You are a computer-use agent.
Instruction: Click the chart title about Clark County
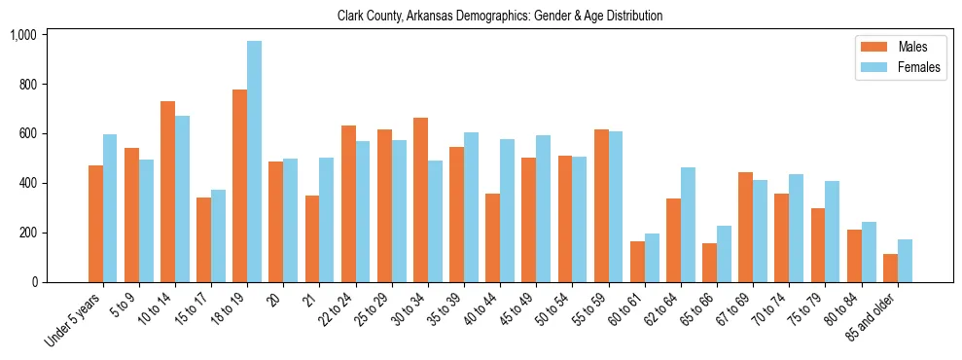click(500, 16)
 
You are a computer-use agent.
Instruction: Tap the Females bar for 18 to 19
click(254, 162)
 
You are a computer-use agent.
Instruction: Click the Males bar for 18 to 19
click(239, 186)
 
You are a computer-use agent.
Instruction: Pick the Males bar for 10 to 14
click(167, 192)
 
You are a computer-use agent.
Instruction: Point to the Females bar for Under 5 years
click(110, 208)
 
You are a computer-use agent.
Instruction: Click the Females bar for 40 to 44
click(507, 211)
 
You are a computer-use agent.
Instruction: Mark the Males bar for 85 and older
click(890, 269)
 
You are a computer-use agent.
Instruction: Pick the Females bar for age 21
click(326, 220)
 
